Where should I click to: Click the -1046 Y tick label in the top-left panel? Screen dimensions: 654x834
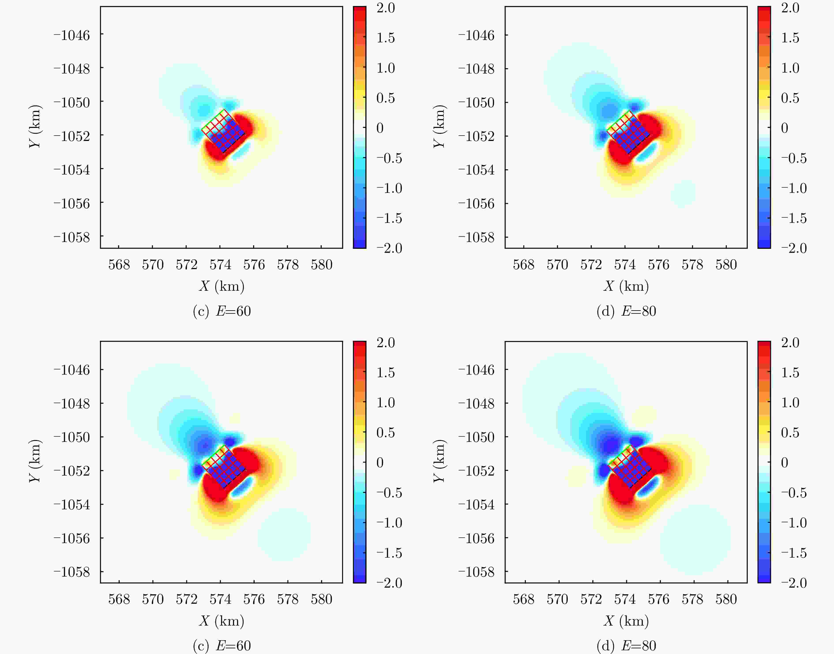click(x=72, y=35)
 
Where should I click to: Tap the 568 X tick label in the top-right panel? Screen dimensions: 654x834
click(x=523, y=265)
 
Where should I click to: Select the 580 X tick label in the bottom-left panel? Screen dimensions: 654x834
click(x=321, y=599)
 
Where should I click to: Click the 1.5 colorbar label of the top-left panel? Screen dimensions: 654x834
click(x=385, y=38)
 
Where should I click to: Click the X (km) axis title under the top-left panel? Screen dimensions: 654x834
click(x=221, y=286)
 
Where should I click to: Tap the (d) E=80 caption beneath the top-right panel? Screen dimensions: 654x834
click(x=626, y=311)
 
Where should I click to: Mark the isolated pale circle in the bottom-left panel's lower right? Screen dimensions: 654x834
click(x=284, y=535)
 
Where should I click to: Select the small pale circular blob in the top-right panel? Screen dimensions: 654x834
click(x=683, y=194)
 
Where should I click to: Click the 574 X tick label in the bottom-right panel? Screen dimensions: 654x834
click(x=625, y=599)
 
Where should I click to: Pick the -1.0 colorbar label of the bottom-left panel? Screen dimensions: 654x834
click(x=389, y=523)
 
